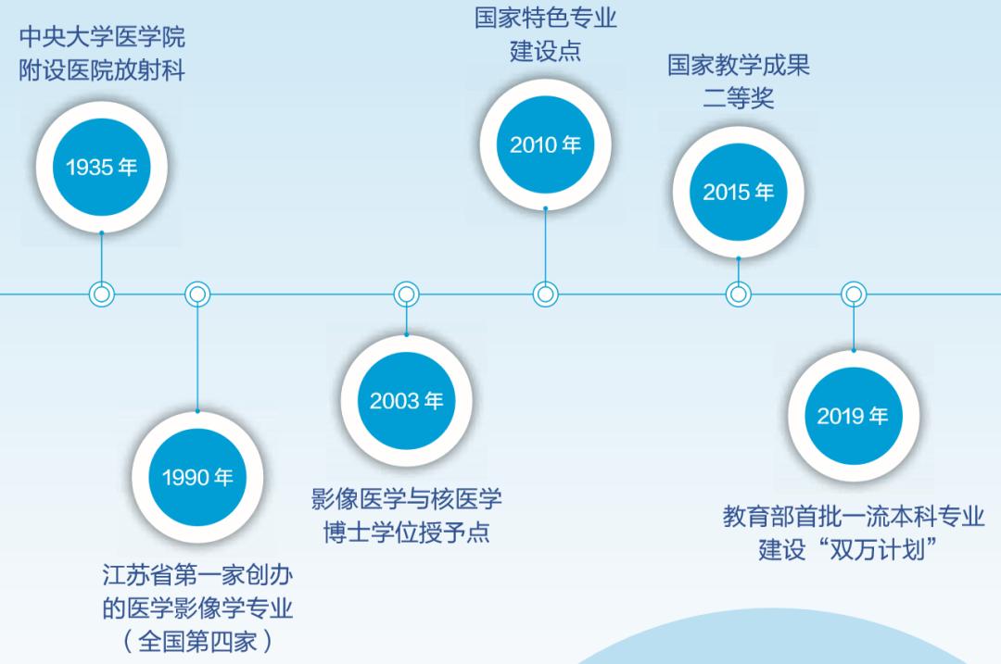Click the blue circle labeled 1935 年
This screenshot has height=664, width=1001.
click(102, 167)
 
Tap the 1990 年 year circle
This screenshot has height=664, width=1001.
click(197, 477)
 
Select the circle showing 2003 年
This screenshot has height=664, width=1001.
click(407, 401)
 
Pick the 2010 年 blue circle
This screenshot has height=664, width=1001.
click(546, 144)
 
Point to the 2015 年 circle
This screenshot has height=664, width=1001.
click(739, 192)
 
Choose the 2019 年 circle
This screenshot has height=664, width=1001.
click(854, 416)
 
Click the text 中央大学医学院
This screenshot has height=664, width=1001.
click(102, 37)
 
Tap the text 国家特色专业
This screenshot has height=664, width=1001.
click(546, 18)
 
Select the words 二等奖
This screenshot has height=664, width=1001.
click(739, 98)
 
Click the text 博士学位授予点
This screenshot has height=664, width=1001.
click(407, 532)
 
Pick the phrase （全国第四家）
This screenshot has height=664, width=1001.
click(197, 641)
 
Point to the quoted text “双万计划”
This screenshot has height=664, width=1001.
click(879, 549)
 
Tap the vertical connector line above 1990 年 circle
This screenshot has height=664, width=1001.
click(197, 359)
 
